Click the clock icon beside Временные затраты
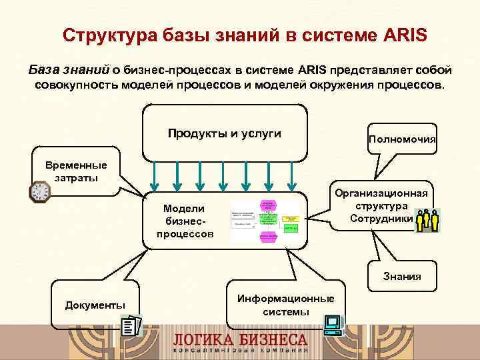[40, 191]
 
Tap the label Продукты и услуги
[224, 133]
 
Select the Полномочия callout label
[402, 140]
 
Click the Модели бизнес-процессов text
[185, 221]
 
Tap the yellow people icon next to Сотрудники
[427, 221]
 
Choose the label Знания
[401, 276]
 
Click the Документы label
[95, 305]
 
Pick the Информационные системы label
[286, 305]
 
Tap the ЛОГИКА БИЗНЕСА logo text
[240, 339]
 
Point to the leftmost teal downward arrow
[154, 174]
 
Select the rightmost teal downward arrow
[291, 174]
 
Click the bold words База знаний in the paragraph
[69, 71]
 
